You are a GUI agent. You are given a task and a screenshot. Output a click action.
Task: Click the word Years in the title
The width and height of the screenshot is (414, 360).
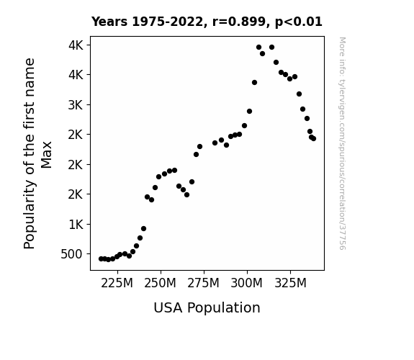tap(109, 22)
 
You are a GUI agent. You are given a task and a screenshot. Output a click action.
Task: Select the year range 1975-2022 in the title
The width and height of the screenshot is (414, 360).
tap(167, 22)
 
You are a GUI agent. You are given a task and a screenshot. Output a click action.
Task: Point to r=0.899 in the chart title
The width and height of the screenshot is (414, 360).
tap(239, 22)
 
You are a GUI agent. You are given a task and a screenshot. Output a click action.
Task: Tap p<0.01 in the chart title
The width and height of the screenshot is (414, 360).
tap(299, 22)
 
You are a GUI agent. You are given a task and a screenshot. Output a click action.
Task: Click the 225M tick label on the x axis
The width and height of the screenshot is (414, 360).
tap(117, 284)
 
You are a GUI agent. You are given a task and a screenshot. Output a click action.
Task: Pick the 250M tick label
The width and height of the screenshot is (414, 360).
tap(160, 284)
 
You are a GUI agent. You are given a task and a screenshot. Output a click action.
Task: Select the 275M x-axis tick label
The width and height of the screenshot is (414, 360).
tap(203, 284)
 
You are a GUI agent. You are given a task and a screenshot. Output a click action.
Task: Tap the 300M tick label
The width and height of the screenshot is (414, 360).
tap(247, 284)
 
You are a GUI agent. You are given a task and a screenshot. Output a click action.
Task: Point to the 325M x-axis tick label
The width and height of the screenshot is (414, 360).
tap(290, 284)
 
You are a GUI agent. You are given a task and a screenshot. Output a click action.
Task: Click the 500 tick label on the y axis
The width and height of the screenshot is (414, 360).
tap(72, 254)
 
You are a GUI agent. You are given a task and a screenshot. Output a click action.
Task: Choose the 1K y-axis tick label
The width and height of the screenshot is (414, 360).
tap(76, 225)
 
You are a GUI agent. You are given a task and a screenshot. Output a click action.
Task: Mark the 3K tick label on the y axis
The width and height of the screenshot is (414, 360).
tap(76, 105)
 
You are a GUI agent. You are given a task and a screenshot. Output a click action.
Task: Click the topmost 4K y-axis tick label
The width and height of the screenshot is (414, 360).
tap(76, 45)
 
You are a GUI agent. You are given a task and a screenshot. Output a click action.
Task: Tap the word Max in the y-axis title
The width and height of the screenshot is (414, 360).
tap(47, 155)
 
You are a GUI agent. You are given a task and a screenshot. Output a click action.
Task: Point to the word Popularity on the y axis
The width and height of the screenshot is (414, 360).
tap(30, 215)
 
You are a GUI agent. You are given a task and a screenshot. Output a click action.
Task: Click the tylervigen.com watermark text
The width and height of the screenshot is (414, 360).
tap(342, 143)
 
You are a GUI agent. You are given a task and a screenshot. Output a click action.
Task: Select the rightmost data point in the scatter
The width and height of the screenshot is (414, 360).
tap(313, 139)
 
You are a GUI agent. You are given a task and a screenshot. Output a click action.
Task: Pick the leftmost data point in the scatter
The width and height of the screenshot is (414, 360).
tap(101, 259)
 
